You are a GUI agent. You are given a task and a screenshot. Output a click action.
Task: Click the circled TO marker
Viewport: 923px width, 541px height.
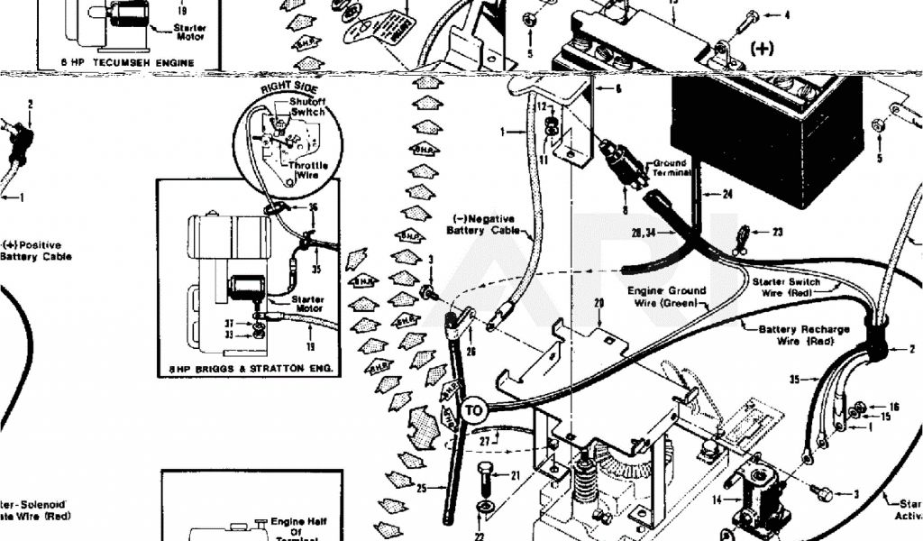474,410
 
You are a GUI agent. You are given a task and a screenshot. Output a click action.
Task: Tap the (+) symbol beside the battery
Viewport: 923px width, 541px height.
762,49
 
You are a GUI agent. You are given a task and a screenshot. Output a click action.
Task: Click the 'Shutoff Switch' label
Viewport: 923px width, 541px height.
306,106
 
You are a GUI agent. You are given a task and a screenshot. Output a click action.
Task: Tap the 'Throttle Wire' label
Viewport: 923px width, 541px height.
308,171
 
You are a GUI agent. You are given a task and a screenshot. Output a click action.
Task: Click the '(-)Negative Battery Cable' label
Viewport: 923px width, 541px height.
481,225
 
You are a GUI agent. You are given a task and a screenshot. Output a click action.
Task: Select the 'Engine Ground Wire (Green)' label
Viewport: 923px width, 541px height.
669,297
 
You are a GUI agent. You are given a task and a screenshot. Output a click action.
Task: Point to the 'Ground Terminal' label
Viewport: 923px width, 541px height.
671,168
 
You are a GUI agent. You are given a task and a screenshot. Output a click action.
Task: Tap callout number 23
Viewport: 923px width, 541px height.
777,232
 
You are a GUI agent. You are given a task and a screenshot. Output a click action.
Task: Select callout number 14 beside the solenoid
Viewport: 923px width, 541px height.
716,500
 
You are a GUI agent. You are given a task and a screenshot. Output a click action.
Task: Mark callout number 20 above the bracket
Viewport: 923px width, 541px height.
598,304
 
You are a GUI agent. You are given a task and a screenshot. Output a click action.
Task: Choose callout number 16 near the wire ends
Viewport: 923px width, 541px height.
894,407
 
